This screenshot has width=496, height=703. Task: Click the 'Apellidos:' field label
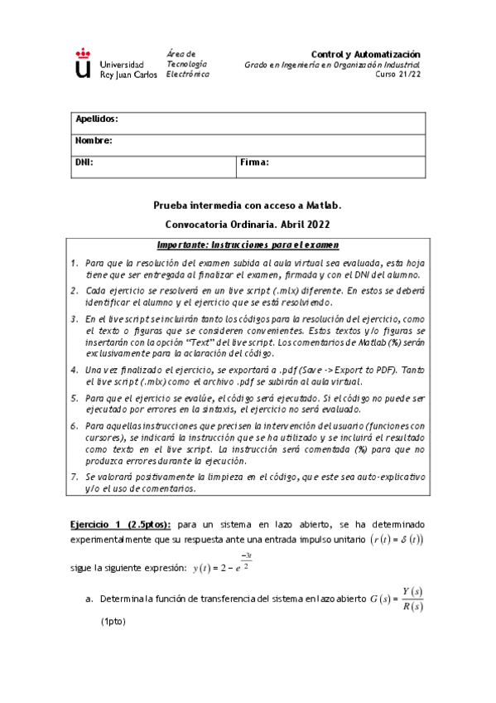tap(97, 119)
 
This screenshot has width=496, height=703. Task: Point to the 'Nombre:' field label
tap(94, 141)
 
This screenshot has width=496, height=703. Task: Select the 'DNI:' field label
tap(84, 162)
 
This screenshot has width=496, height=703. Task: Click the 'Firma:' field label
tap(255, 162)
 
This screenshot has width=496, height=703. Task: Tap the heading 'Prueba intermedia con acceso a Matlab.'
tap(248, 204)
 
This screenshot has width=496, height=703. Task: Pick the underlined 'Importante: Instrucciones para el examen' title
tap(248, 246)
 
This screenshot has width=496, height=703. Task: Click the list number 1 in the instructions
tap(75, 263)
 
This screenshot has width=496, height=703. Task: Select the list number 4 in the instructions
tap(75, 370)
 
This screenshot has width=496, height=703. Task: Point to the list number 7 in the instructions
tap(75, 478)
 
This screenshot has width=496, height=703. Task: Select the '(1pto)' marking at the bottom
tap(115, 620)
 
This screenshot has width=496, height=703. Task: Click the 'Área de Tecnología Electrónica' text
tap(187, 64)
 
